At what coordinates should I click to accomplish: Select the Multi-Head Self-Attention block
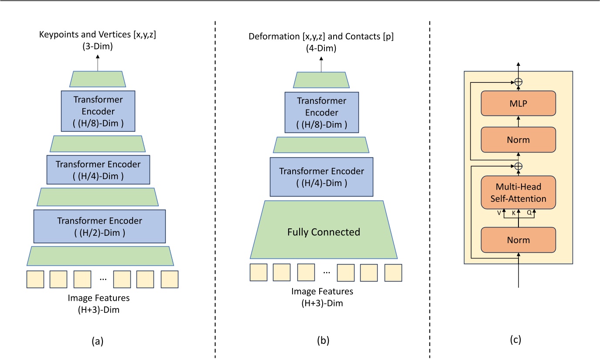(x=518, y=192)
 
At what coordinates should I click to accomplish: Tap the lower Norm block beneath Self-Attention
(x=518, y=240)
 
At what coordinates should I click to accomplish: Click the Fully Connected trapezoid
(x=324, y=232)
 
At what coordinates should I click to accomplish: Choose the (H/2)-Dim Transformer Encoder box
(x=99, y=226)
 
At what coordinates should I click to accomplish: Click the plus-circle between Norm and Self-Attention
(x=518, y=166)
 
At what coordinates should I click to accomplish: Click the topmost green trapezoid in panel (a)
(x=98, y=79)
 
